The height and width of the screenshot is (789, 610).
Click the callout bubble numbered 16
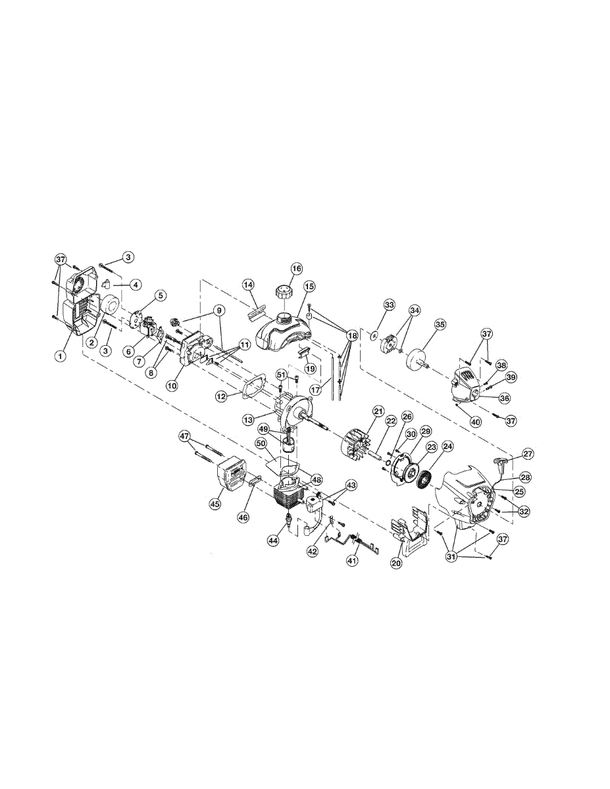pyautogui.click(x=297, y=269)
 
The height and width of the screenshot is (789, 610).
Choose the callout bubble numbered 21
pyautogui.click(x=378, y=411)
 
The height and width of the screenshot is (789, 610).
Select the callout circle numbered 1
pyautogui.click(x=60, y=356)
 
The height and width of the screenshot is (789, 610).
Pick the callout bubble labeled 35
pyautogui.click(x=440, y=325)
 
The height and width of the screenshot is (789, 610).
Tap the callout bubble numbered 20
pyautogui.click(x=397, y=562)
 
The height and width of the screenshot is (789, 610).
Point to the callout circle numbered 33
pyautogui.click(x=389, y=305)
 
